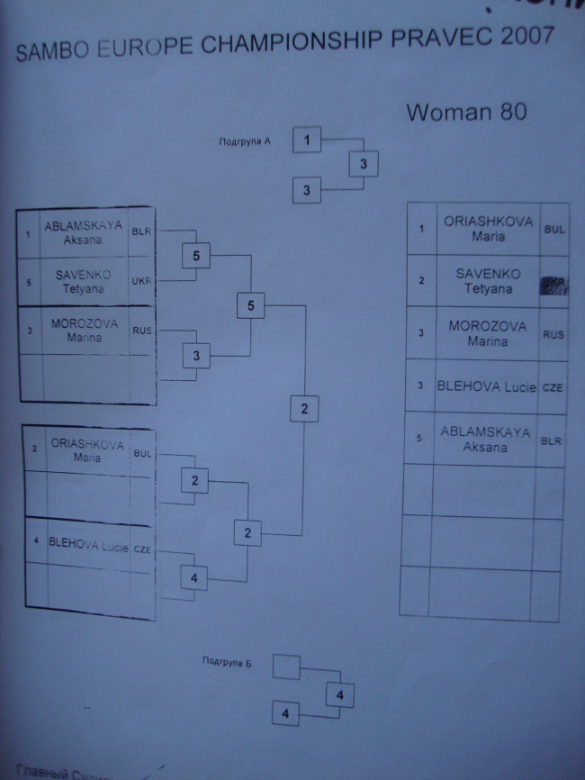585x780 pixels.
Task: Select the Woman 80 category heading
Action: [465, 113]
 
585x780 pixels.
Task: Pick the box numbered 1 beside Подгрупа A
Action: [307, 140]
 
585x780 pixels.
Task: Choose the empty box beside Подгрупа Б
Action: [285, 668]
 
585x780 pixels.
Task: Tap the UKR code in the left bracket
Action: [141, 281]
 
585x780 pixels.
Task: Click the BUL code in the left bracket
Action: [141, 454]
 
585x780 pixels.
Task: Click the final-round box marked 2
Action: [304, 410]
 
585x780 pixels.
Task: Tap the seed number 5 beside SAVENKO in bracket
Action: [29, 282]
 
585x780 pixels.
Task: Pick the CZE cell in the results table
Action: [552, 387]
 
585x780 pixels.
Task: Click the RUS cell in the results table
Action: [553, 334]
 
